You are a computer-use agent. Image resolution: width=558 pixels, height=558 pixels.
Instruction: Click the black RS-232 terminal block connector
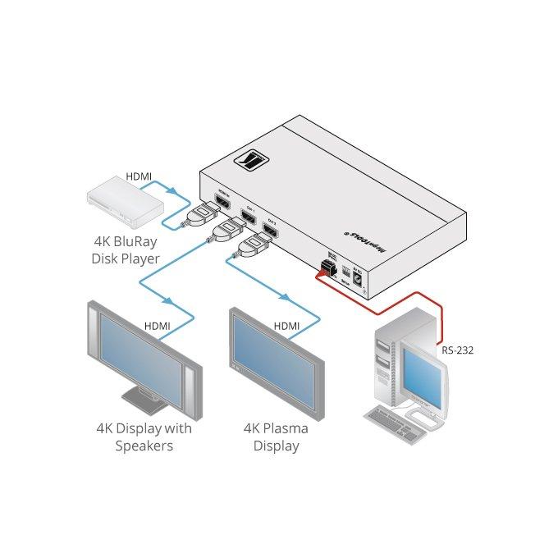330,268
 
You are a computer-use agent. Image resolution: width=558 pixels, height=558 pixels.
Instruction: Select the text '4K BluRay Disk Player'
126,250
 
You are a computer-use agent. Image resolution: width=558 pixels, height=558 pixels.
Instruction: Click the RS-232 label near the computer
456,350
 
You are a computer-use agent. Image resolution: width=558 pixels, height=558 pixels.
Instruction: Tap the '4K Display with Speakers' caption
144,436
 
